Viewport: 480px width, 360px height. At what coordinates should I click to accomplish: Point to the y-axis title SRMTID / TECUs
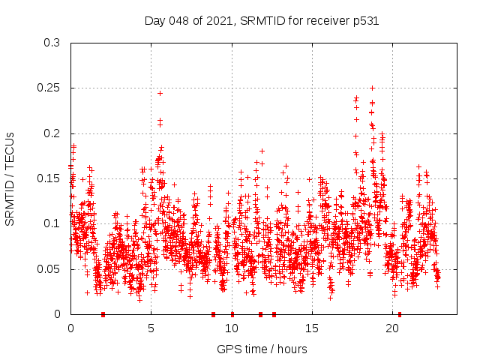point(10,178)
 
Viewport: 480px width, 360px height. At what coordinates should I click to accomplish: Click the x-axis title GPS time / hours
point(262,349)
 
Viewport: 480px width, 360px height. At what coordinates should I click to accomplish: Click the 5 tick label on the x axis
point(151,328)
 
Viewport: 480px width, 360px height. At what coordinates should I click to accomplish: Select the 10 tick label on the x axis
point(232,328)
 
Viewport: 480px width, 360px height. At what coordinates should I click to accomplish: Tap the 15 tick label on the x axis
point(312,328)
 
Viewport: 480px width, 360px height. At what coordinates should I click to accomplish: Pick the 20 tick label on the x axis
point(392,328)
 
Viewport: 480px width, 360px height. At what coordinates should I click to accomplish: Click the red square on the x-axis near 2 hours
point(103,314)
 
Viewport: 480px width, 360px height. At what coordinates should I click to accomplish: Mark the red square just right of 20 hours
point(400,314)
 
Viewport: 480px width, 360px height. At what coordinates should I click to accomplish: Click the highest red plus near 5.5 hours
point(160,93)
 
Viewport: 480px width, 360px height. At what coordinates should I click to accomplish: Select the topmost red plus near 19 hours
point(372,88)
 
